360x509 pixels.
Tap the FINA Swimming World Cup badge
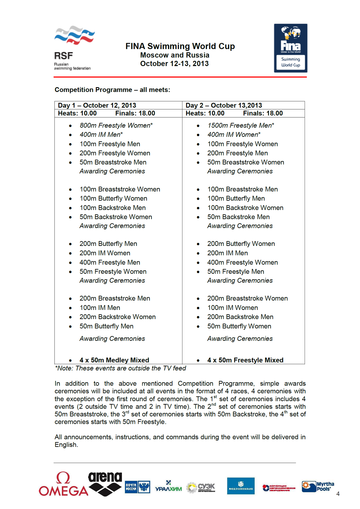(291, 48)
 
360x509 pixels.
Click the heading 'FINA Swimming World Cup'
(180, 46)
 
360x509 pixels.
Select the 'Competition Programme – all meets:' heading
(112, 90)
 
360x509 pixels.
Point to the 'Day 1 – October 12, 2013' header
(97, 105)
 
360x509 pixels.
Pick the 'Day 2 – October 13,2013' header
(224, 105)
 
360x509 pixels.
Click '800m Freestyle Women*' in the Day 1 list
(116, 125)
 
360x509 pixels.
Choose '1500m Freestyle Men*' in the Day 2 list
(241, 125)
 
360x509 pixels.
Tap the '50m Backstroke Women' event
(116, 217)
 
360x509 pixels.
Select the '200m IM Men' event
(227, 253)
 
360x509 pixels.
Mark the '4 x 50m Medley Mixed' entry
(114, 360)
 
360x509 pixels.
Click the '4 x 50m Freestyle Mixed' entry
(245, 360)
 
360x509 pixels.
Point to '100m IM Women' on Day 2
(233, 308)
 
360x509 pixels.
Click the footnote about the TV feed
(120, 368)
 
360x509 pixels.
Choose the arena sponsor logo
(105, 484)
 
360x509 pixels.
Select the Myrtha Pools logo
(318, 487)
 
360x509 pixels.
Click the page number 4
(338, 494)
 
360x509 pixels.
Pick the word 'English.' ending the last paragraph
(66, 445)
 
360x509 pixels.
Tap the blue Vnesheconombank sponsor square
(241, 486)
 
